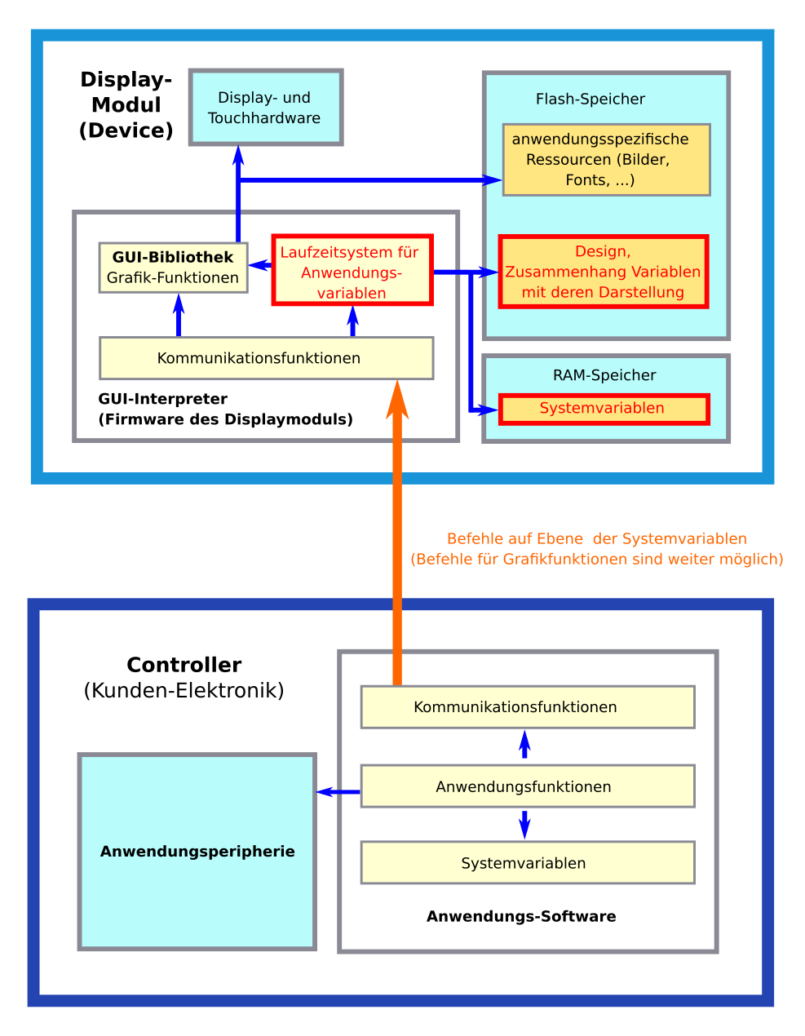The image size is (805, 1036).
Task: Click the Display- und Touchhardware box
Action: pos(265,108)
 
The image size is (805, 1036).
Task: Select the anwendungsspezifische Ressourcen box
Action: pos(606,160)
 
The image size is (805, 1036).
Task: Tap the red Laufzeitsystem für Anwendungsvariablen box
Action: pos(352,272)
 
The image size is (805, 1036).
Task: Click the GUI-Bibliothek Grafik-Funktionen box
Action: pos(173,268)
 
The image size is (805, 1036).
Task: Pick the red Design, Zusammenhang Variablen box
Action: pos(603,272)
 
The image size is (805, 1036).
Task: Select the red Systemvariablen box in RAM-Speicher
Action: pos(604,409)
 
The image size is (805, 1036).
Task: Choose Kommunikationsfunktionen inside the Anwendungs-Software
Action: pos(527,707)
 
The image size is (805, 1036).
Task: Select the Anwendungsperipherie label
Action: pos(197,852)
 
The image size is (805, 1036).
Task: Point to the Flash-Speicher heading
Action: pos(590,100)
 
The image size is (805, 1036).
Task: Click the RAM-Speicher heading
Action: pos(604,375)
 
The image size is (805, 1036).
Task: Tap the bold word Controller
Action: pos(184,665)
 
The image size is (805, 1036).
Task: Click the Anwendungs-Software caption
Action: pos(521,917)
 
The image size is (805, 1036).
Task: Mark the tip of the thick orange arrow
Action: pos(397,386)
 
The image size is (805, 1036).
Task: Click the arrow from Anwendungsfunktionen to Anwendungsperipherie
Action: pos(337,791)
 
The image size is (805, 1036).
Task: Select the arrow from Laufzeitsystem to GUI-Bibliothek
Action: pos(260,265)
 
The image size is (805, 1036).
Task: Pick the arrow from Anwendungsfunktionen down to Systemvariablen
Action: pos(524,824)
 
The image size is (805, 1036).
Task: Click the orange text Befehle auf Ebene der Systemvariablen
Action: pos(596,539)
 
